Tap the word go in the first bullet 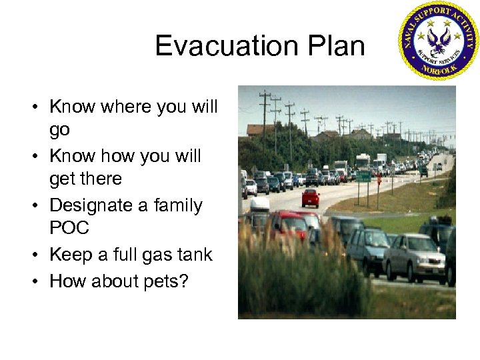click(x=59, y=130)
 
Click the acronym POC click(x=69, y=228)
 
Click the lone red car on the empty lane click(x=310, y=197)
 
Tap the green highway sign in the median click(x=365, y=177)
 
